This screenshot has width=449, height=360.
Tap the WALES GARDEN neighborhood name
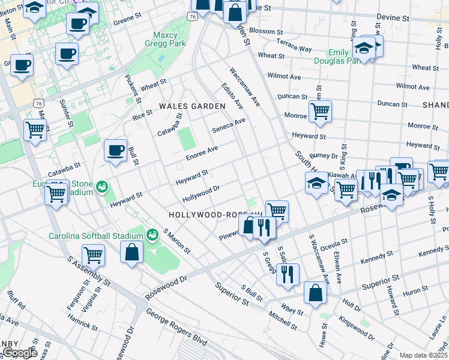(x=192, y=106)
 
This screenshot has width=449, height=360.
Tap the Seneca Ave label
(x=229, y=125)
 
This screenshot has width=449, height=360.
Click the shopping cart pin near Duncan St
(x=320, y=110)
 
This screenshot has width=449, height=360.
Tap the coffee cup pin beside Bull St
(x=115, y=151)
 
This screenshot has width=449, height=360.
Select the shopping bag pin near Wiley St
(x=315, y=293)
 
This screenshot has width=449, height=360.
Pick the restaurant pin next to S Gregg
(x=289, y=274)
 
